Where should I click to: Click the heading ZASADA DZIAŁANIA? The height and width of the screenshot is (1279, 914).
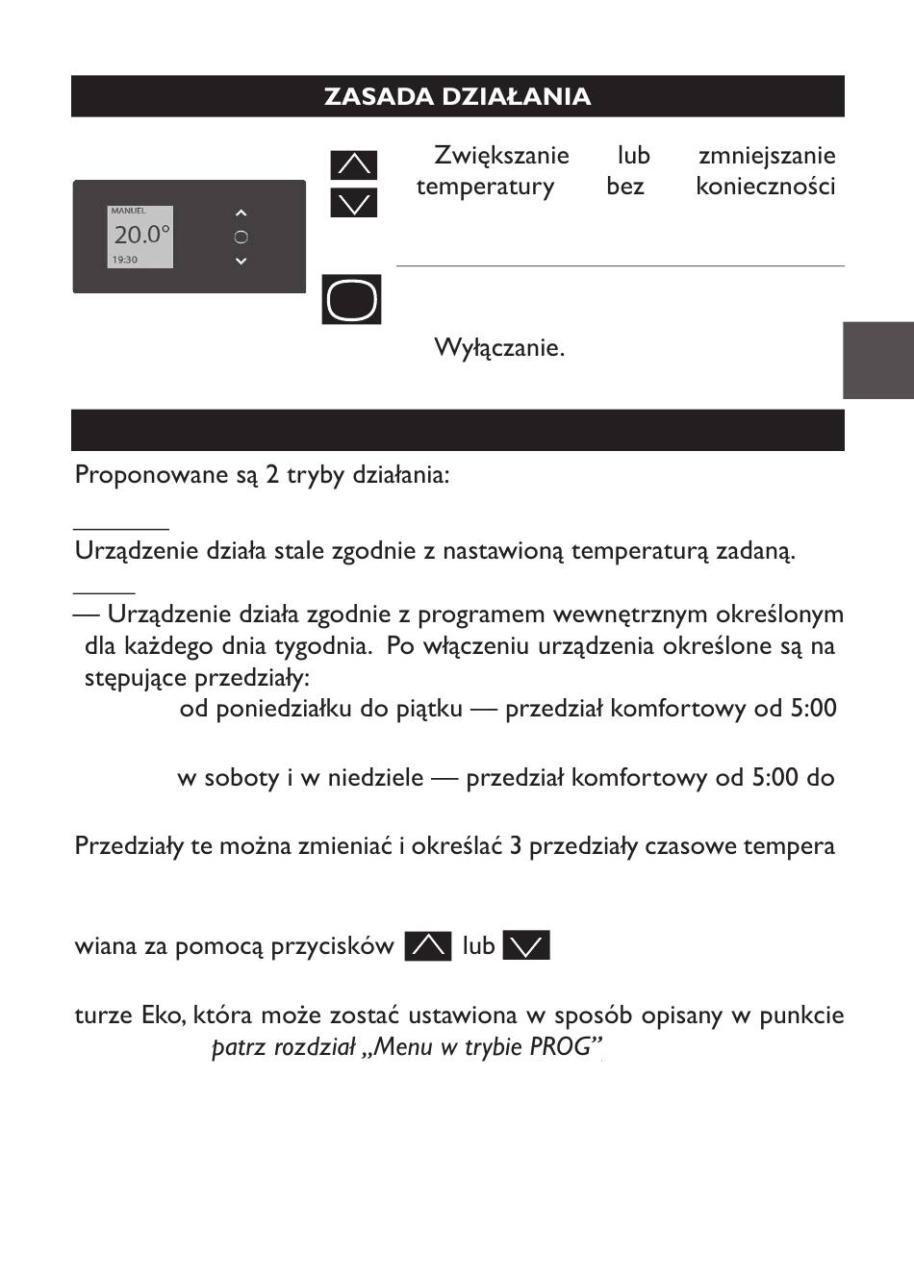click(x=457, y=97)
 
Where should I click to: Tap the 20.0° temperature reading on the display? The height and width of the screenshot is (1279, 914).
click(x=141, y=235)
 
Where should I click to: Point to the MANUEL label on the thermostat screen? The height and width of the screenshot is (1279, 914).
click(x=128, y=211)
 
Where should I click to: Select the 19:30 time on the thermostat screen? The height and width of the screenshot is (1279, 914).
click(x=125, y=260)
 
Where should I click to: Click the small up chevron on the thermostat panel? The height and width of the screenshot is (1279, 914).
click(x=241, y=213)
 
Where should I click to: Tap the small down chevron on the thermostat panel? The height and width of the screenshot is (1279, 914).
click(x=241, y=261)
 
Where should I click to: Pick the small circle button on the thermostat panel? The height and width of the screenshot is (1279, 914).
click(x=241, y=238)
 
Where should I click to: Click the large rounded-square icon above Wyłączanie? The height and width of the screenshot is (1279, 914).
click(x=352, y=300)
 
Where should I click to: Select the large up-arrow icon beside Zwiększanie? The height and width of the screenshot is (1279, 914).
click(x=353, y=164)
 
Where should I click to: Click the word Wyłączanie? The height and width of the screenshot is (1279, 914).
click(x=499, y=347)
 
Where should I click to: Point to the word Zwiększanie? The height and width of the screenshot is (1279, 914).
click(x=501, y=156)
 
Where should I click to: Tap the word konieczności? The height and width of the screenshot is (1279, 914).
click(x=765, y=187)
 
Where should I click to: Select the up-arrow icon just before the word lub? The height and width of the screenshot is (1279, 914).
click(x=428, y=946)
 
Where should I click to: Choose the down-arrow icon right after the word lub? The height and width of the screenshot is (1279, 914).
click(x=526, y=946)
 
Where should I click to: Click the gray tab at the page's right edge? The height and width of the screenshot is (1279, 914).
click(x=878, y=361)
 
